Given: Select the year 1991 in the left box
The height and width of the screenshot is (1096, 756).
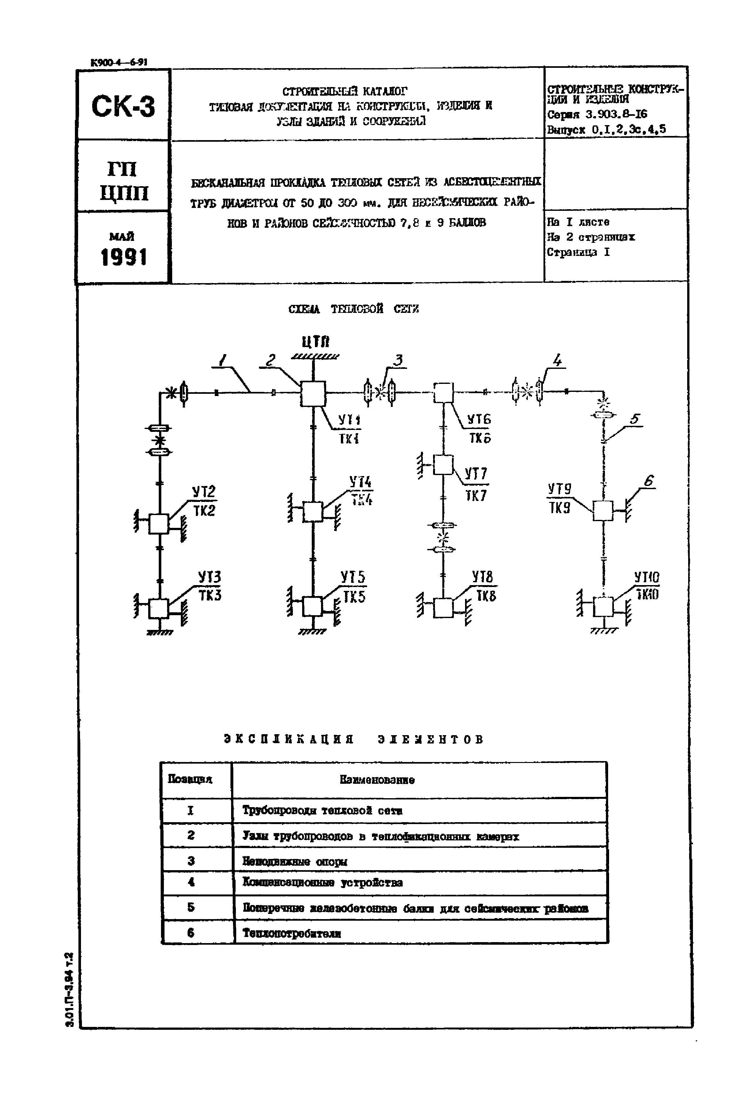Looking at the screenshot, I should [124, 257].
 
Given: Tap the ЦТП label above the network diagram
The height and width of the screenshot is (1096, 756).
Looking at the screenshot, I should [316, 341].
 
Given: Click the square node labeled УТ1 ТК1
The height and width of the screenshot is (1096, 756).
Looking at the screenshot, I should [313, 393].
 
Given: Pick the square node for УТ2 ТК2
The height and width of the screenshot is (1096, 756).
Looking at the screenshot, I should [159, 524].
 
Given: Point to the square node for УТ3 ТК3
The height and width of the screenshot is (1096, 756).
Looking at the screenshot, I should [159, 608].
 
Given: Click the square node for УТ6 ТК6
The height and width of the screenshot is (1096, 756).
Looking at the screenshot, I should [443, 393].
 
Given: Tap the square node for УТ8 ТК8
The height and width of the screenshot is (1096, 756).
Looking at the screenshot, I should [443, 608].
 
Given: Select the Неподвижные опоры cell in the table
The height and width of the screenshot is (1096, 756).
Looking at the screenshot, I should [295, 862].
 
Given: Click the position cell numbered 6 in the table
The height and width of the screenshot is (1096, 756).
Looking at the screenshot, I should [191, 933].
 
